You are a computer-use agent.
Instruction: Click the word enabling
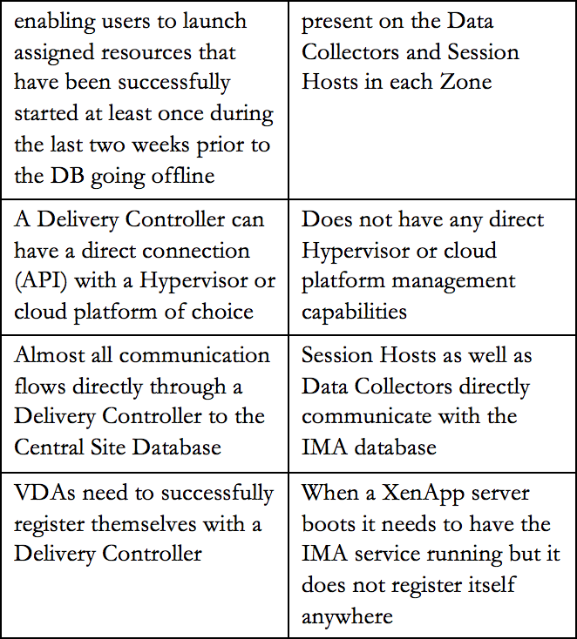(54, 22)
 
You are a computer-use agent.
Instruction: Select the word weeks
(162, 145)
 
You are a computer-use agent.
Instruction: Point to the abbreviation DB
(67, 176)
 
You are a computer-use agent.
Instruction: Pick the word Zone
(465, 82)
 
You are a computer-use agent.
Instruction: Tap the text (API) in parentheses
(41, 281)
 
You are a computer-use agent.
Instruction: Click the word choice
(222, 312)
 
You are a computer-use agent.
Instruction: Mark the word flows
(39, 386)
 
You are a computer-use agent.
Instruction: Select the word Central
(49, 447)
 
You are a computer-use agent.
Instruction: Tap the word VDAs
(44, 493)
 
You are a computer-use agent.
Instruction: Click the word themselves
(143, 524)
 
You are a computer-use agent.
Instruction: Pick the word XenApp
(423, 494)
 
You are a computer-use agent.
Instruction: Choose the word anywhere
(347, 617)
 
